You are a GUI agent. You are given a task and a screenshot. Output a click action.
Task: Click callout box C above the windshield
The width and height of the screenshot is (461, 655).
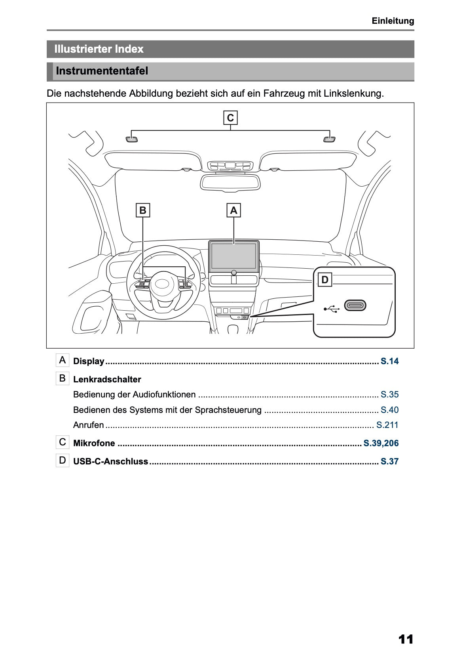[x=230, y=118]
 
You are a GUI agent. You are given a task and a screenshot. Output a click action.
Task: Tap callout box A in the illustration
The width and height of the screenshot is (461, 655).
[x=233, y=210]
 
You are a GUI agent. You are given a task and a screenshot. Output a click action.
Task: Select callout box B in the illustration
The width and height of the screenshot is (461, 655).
[x=143, y=210]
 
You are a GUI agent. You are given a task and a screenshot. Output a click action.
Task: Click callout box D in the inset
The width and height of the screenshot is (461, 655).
[x=325, y=280]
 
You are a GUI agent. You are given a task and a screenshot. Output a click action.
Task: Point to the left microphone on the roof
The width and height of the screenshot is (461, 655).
[x=132, y=139]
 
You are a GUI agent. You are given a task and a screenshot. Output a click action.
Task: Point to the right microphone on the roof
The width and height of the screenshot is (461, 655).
[x=329, y=139]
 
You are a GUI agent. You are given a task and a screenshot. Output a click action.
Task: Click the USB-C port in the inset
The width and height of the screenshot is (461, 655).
[x=355, y=306]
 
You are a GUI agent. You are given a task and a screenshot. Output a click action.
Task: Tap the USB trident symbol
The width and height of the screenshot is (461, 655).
[x=331, y=309]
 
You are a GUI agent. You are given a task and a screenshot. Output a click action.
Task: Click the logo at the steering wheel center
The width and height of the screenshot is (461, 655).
[x=162, y=284]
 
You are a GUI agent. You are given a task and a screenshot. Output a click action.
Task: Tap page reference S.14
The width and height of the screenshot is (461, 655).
[x=389, y=361]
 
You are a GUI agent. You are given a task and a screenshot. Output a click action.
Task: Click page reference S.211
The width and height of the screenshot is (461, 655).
[x=387, y=425]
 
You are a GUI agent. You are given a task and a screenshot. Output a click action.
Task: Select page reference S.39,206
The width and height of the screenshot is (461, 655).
[x=381, y=443]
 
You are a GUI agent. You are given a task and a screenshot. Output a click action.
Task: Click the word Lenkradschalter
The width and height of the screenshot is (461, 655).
[x=107, y=379]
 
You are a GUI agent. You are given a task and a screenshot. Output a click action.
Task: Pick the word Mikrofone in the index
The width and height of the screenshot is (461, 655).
[x=94, y=443]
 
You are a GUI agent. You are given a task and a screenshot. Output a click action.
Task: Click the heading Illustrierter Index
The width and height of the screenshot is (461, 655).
[x=99, y=49]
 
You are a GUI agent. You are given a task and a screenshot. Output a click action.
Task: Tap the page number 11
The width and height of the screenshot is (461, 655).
[x=406, y=639]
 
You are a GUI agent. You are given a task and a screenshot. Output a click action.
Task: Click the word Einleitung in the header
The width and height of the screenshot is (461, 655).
[x=393, y=21]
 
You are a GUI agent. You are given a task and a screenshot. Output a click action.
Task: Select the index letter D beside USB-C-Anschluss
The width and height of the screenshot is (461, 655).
[x=62, y=460]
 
